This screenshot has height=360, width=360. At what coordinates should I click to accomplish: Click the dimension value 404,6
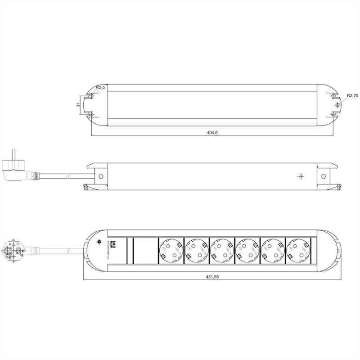click(x=213, y=133)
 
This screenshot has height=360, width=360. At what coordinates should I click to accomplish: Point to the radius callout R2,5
click(x=100, y=87)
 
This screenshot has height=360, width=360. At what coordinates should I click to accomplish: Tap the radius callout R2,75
click(x=352, y=95)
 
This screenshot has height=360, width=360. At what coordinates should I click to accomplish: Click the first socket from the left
click(x=171, y=250)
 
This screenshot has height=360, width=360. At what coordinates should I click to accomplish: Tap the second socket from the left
click(x=196, y=250)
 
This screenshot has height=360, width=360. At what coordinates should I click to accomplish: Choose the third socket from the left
click(x=222, y=250)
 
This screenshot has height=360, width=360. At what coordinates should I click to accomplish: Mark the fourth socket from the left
click(x=248, y=250)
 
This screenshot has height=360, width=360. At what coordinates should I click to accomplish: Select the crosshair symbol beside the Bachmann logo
click(x=99, y=243)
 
